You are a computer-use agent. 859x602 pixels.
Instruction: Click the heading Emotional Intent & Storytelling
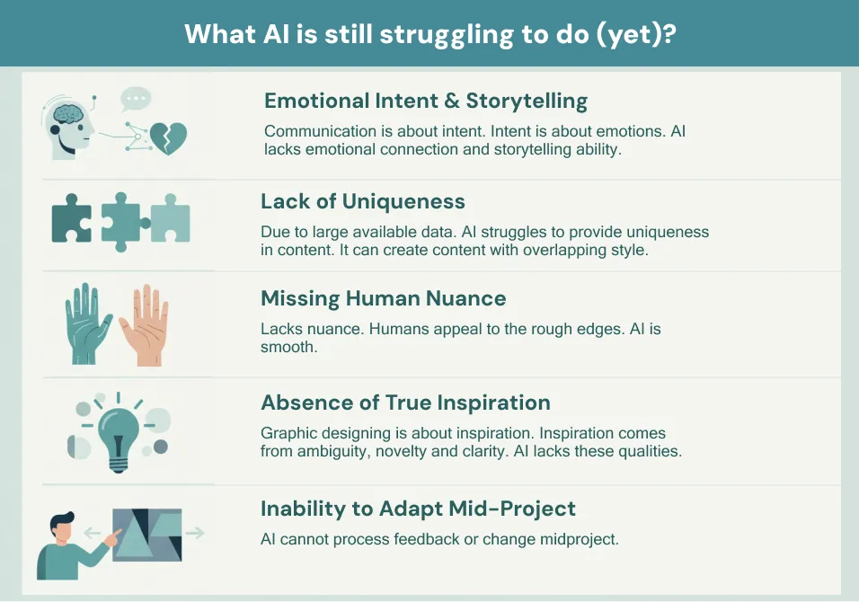pyautogui.click(x=426, y=102)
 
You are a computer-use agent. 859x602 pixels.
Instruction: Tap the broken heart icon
pyautogui.click(x=169, y=138)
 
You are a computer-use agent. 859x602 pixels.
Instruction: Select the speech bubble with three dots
pyautogui.click(x=136, y=100)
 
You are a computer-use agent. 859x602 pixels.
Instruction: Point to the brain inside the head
pyautogui.click(x=67, y=113)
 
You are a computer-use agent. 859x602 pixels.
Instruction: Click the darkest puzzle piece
pyautogui.click(x=71, y=218)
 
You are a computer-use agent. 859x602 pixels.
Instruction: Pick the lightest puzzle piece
pyautogui.click(x=171, y=218)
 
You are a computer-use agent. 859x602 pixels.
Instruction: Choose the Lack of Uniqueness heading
pyautogui.click(x=363, y=201)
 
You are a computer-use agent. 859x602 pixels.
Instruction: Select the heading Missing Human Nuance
pyautogui.click(x=383, y=298)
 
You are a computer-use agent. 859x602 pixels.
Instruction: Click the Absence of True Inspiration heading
pyautogui.click(x=405, y=403)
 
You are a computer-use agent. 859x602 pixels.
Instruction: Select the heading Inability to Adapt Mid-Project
pyautogui.click(x=418, y=509)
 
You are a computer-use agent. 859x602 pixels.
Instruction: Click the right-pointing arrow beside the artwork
pyautogui.click(x=195, y=533)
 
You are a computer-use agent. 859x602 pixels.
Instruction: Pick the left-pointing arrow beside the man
pyautogui.click(x=93, y=533)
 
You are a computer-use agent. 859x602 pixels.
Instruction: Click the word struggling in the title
pyautogui.click(x=447, y=35)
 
